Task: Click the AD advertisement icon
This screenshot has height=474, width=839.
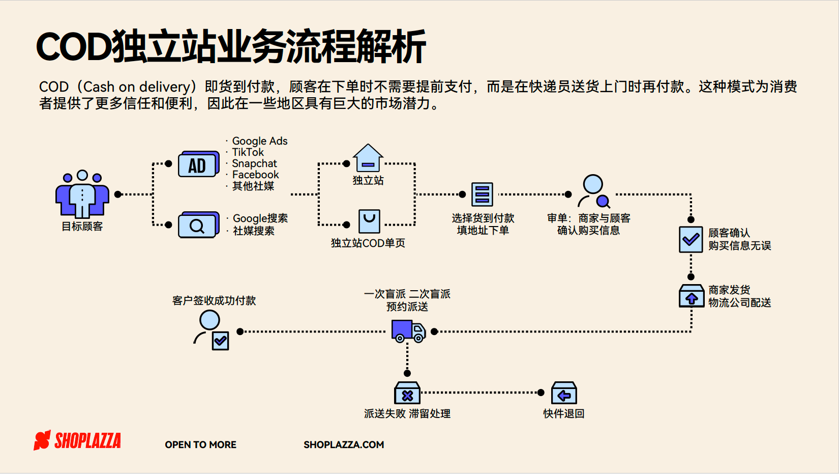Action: click(199, 164)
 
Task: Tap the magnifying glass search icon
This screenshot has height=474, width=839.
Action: click(199, 225)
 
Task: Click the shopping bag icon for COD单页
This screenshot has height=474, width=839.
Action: click(369, 221)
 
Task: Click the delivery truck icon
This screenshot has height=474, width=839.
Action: click(409, 331)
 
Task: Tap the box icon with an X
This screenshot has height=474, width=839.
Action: click(407, 393)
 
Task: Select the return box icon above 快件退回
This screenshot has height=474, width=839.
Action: click(564, 393)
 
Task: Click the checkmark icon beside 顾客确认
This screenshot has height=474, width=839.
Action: click(691, 239)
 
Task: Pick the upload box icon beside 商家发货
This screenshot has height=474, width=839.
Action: click(692, 296)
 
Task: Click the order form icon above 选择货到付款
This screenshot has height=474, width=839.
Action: click(482, 194)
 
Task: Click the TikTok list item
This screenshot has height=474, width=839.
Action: click(248, 152)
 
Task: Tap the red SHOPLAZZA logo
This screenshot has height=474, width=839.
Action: click(77, 440)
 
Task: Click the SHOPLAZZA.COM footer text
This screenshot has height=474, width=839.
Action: click(344, 445)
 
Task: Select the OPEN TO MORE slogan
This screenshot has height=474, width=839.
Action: click(200, 445)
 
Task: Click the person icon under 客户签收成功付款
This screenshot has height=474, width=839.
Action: click(212, 330)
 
